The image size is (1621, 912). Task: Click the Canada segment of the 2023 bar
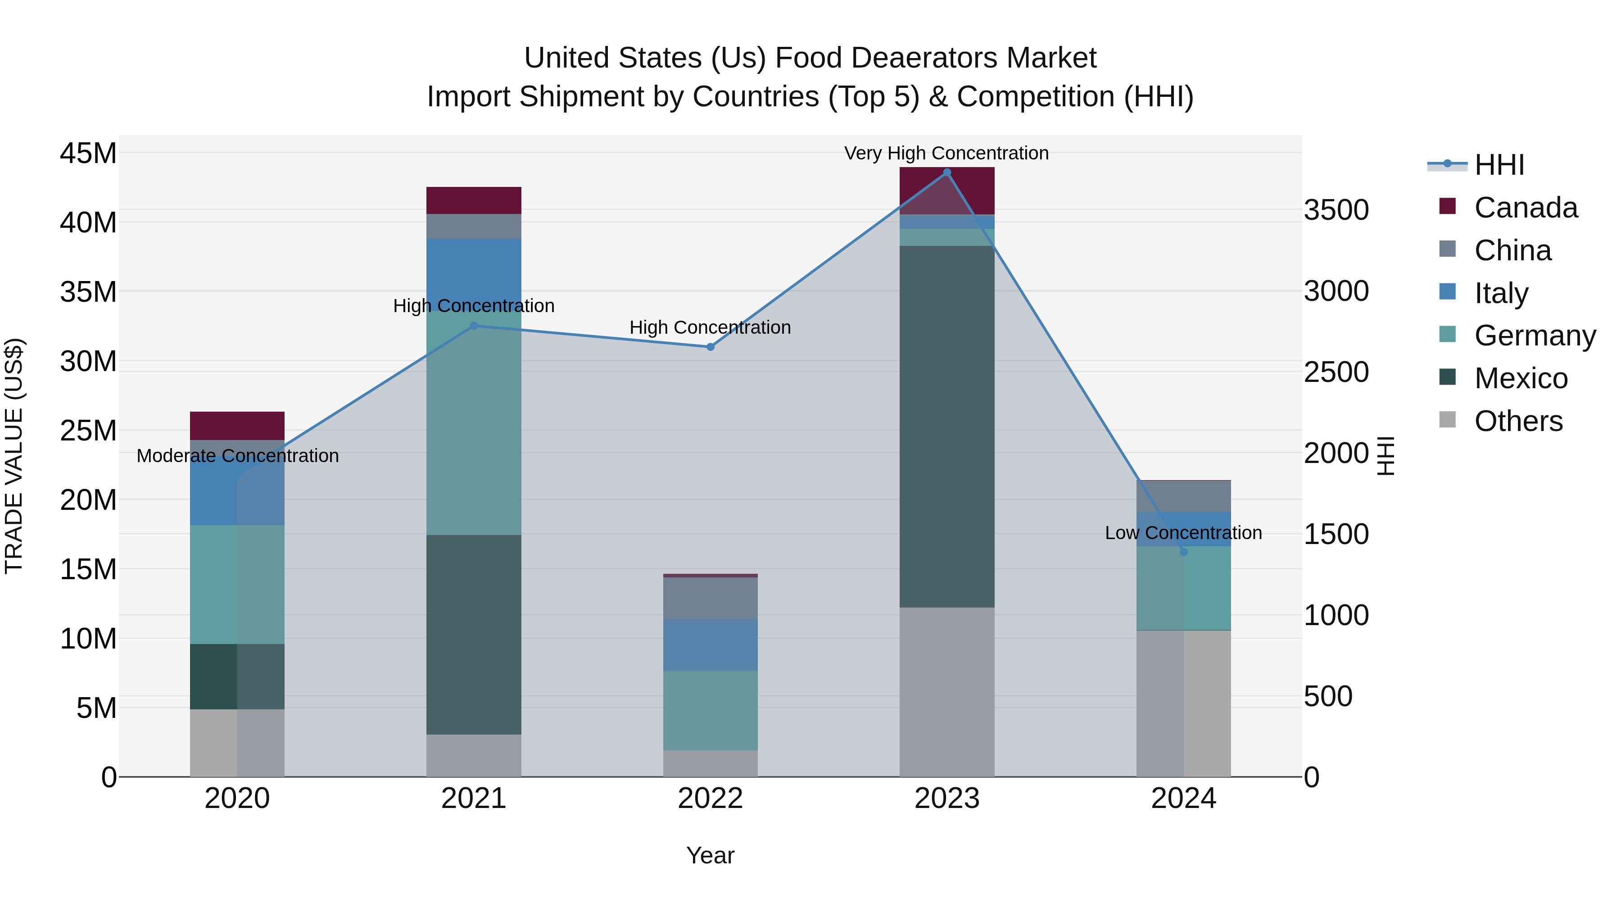pos(946,190)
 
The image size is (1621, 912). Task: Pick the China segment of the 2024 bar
pos(1183,496)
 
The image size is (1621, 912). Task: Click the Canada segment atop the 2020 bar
pos(237,426)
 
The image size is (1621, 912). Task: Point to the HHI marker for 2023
pos(946,172)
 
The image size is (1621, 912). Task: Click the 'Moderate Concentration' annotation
pos(237,456)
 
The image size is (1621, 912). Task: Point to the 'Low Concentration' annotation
pos(1183,532)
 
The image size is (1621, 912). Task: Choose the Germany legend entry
pos(1534,336)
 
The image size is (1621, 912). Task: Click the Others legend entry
pos(1518,421)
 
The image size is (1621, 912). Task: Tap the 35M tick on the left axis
pos(88,292)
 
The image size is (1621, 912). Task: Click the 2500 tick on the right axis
pos(1336,372)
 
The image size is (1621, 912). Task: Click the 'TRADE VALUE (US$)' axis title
pos(14,456)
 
